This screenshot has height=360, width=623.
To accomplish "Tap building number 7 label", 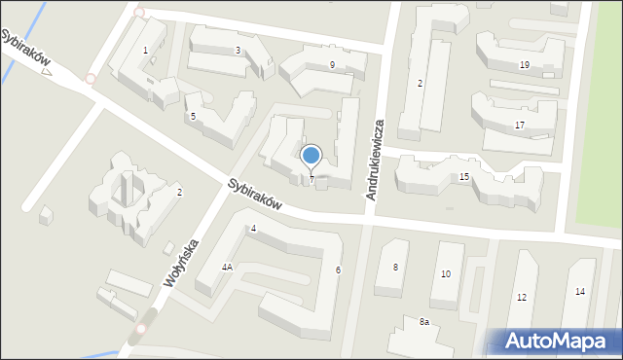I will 311,179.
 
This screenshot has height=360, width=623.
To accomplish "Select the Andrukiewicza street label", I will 377,161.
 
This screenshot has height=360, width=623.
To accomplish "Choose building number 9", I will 332,64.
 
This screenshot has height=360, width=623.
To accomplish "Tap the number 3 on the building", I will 238,50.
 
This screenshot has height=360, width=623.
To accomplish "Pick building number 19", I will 524,64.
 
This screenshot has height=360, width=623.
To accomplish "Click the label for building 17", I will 520,125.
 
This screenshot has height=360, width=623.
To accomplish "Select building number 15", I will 464,175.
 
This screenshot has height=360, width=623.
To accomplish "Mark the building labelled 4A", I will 226,267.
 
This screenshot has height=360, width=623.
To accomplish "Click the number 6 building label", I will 338,270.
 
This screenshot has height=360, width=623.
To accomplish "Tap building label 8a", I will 423,321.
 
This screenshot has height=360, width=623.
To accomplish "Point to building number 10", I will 446,273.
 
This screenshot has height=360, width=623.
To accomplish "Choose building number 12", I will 522,297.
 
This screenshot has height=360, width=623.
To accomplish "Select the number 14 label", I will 579,291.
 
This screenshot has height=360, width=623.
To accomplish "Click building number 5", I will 193,117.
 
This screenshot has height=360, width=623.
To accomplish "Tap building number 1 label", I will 146,50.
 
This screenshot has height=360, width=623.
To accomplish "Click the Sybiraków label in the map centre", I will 255,195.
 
